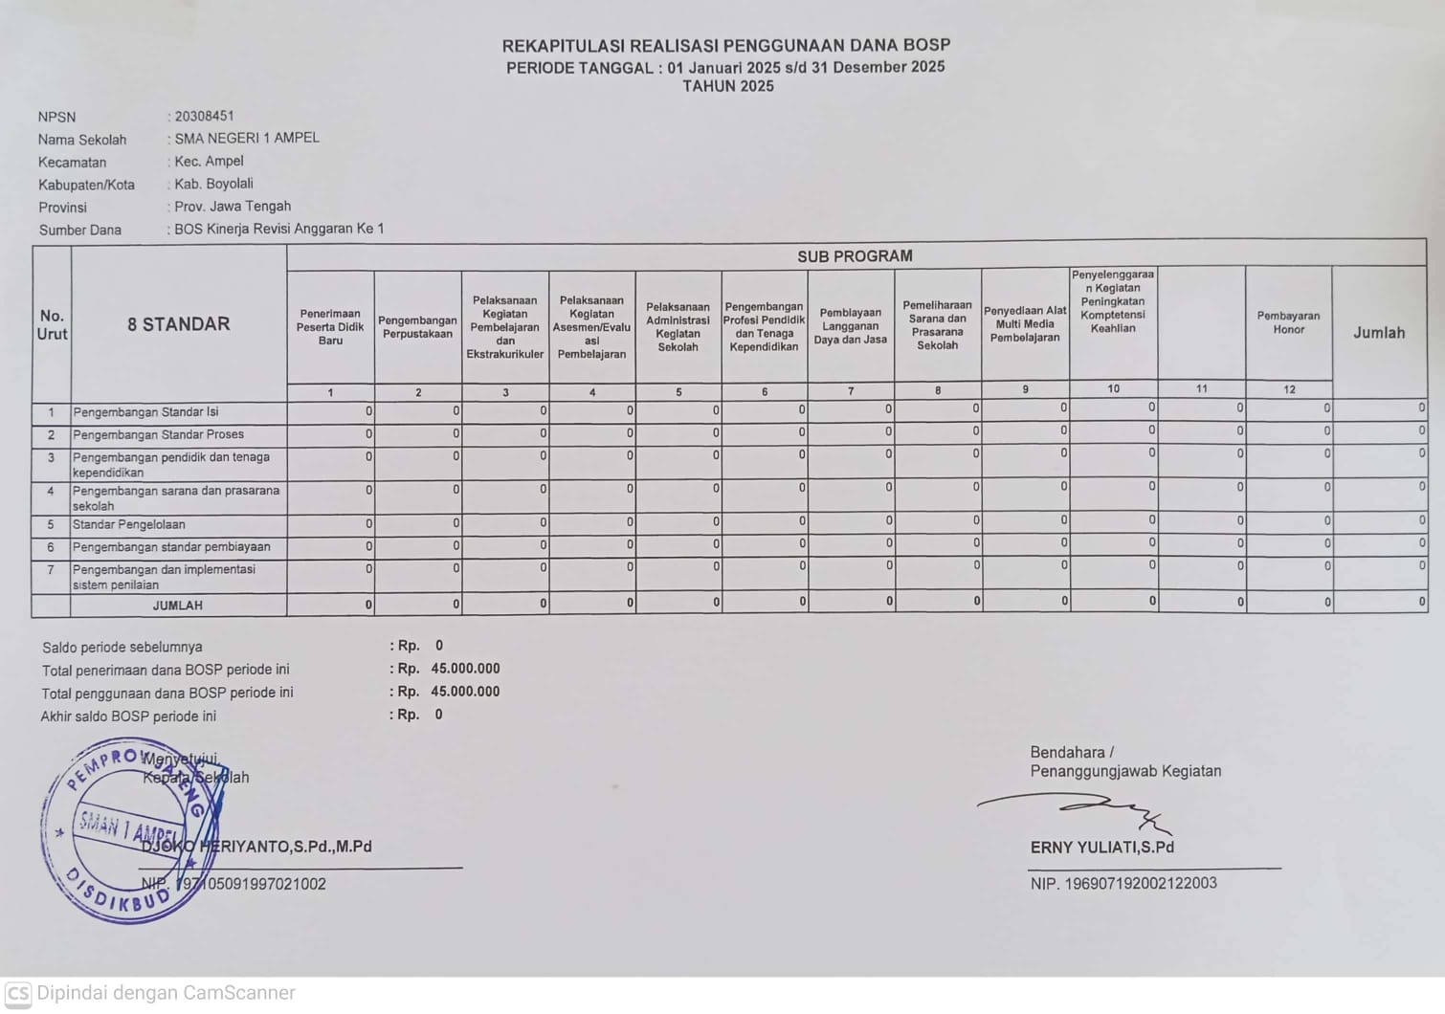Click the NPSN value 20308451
tap(204, 116)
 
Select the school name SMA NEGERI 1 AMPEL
tap(247, 138)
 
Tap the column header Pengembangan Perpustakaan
tap(417, 327)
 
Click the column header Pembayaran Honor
tap(1288, 322)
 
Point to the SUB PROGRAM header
tap(855, 256)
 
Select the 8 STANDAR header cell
tap(179, 324)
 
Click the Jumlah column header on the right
tap(1379, 333)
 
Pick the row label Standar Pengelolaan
tap(129, 524)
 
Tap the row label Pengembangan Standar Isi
tap(145, 412)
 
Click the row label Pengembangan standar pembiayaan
tap(171, 547)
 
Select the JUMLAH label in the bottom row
tap(178, 606)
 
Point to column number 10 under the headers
tap(1113, 388)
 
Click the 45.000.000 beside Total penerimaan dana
tap(465, 669)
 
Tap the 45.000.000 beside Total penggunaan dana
tap(465, 692)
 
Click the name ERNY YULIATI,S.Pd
tap(1101, 848)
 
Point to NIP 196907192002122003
tap(1123, 883)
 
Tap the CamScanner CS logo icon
tap(18, 993)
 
